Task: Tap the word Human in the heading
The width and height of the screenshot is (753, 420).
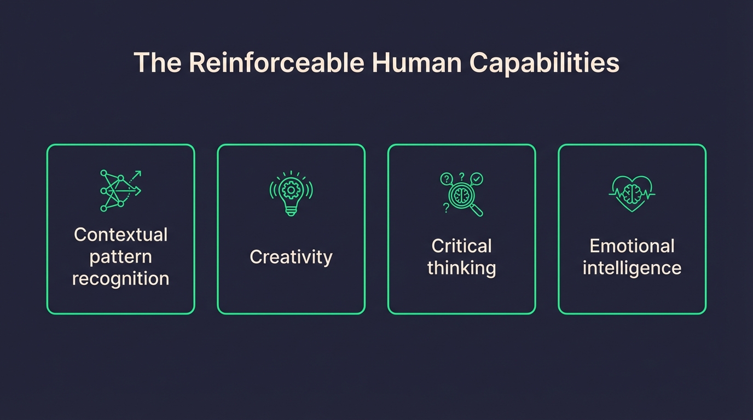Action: [x=416, y=63]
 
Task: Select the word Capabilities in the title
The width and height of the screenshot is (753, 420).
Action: [x=544, y=63]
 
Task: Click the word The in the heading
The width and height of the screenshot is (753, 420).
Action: [x=158, y=63]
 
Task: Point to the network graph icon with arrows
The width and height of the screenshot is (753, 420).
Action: [x=120, y=190]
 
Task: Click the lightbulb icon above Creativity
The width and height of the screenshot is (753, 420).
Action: [x=291, y=192]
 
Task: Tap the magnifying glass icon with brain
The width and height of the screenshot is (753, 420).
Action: [x=462, y=194]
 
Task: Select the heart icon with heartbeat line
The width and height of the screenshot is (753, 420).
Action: [x=632, y=193]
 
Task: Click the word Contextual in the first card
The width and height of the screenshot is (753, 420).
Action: [x=120, y=235]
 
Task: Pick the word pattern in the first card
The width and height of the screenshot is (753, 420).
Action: [x=120, y=257]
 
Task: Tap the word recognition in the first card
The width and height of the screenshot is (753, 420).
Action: [x=120, y=278]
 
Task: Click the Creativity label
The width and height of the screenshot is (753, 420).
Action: [x=291, y=257]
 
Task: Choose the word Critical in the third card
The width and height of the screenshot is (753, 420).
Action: [x=461, y=246]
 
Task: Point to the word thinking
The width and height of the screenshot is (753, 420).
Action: [x=461, y=268]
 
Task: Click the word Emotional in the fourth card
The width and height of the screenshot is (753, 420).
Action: [x=632, y=246]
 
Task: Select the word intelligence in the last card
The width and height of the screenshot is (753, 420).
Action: [x=632, y=268]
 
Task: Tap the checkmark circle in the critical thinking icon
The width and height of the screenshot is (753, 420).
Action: [x=477, y=178]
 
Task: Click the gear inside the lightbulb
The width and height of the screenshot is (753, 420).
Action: [x=291, y=189]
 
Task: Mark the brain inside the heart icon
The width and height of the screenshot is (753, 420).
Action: [x=632, y=192]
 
